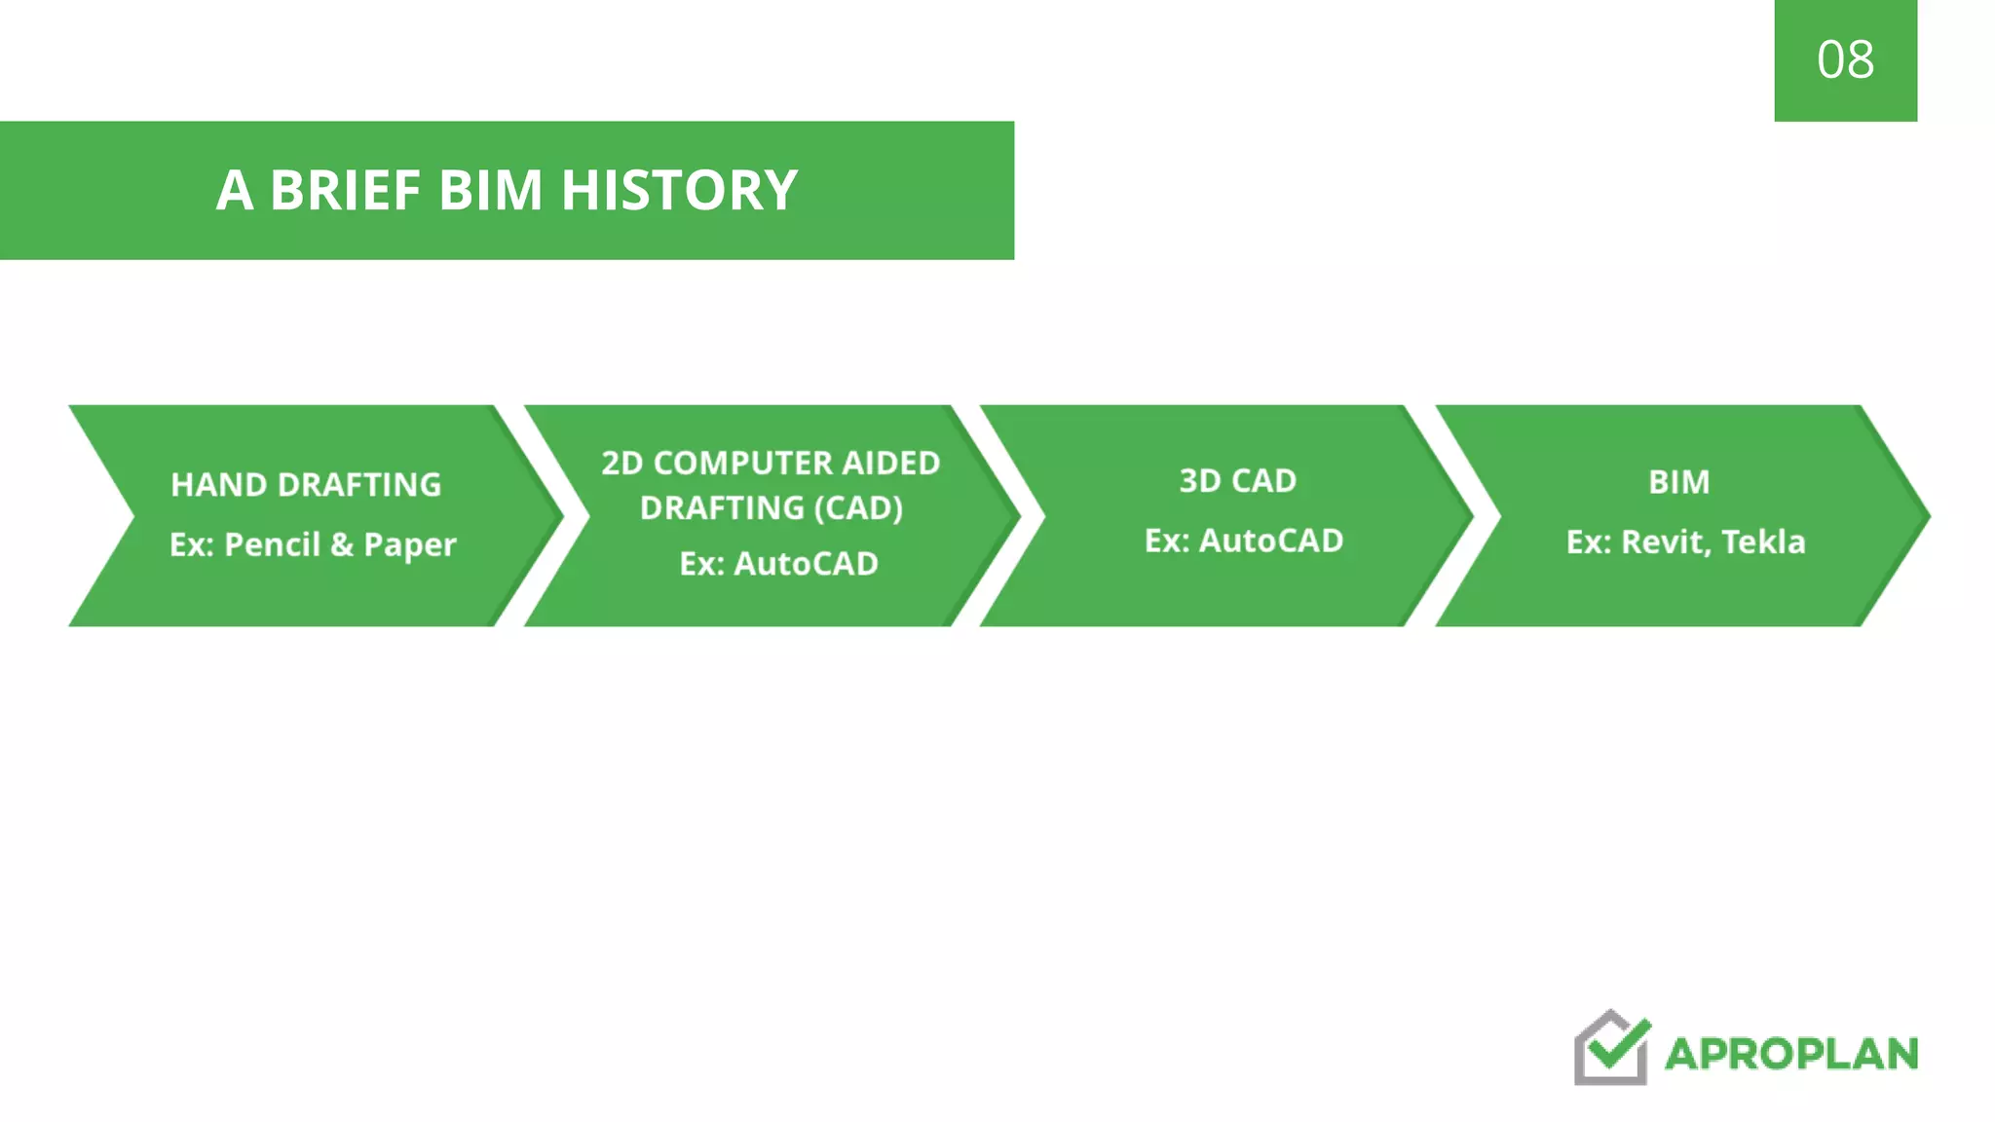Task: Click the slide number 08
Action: (1845, 60)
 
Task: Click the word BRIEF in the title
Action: (345, 190)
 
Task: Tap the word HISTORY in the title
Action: (679, 190)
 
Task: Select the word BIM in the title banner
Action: (490, 190)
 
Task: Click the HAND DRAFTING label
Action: (306, 485)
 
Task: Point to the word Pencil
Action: (272, 544)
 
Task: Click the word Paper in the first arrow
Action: (409, 545)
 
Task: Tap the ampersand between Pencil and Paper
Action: (341, 544)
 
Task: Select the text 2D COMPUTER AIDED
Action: (771, 463)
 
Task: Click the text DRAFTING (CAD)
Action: (771, 507)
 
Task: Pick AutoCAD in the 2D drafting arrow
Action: (806, 564)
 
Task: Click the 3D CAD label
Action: (1237, 481)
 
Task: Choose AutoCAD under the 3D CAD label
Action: (1270, 541)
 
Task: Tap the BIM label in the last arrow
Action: (1678, 482)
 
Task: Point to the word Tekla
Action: (1763, 542)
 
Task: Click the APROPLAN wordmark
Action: (1791, 1054)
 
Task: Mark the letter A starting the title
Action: (235, 190)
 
